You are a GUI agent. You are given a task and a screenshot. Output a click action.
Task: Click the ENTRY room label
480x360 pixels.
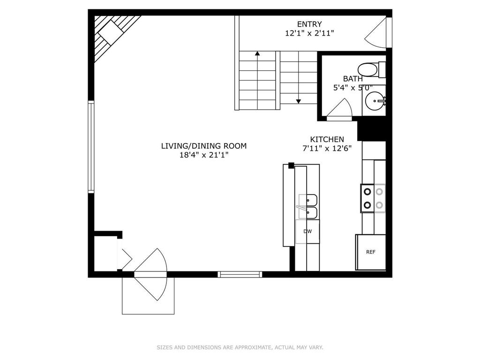(309, 24)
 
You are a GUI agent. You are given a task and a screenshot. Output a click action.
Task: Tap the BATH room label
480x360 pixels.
(352, 79)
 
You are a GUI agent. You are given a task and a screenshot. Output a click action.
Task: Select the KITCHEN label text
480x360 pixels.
(327, 139)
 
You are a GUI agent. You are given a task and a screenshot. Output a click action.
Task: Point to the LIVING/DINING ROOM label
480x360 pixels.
(204, 146)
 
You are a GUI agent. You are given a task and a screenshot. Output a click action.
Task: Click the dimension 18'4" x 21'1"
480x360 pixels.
(204, 155)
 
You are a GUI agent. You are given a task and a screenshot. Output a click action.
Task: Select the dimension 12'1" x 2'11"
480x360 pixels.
(309, 33)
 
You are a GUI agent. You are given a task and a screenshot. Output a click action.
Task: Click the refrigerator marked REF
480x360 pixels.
(370, 252)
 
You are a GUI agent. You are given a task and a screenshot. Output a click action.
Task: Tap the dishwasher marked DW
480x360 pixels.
(307, 232)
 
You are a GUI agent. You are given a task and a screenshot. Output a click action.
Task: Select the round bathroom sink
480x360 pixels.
(375, 99)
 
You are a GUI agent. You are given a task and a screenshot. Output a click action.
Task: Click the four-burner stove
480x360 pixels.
(373, 198)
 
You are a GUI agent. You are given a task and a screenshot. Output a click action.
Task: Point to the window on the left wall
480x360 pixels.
(91, 146)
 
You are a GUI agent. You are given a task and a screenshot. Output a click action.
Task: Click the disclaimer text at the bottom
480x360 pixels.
(240, 347)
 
